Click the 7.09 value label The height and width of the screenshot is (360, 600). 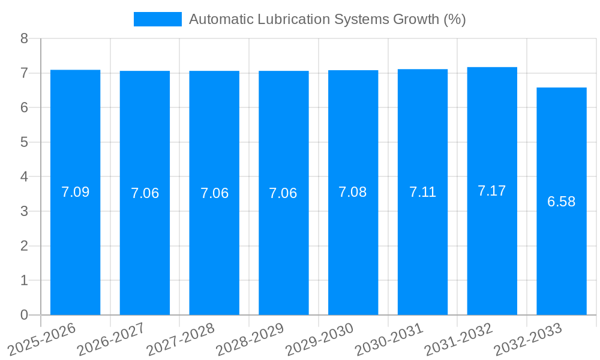click(76, 193)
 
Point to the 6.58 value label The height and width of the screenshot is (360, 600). click(561, 202)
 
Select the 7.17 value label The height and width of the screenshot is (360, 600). click(492, 191)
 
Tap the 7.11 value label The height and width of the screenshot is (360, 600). click(422, 192)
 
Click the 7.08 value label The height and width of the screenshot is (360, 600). click(353, 192)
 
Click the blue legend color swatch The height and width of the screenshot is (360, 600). click(157, 19)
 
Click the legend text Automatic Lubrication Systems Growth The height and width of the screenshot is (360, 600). click(328, 19)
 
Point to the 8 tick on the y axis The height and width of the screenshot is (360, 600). click(24, 38)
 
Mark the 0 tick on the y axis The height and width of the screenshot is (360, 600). click(24, 315)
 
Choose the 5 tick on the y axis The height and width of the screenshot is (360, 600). click(24, 142)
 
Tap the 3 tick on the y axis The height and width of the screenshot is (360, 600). click(24, 211)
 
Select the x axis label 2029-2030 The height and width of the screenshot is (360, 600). click(320, 339)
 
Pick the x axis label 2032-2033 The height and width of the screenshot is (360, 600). click(529, 339)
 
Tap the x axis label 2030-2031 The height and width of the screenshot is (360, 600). click(390, 339)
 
